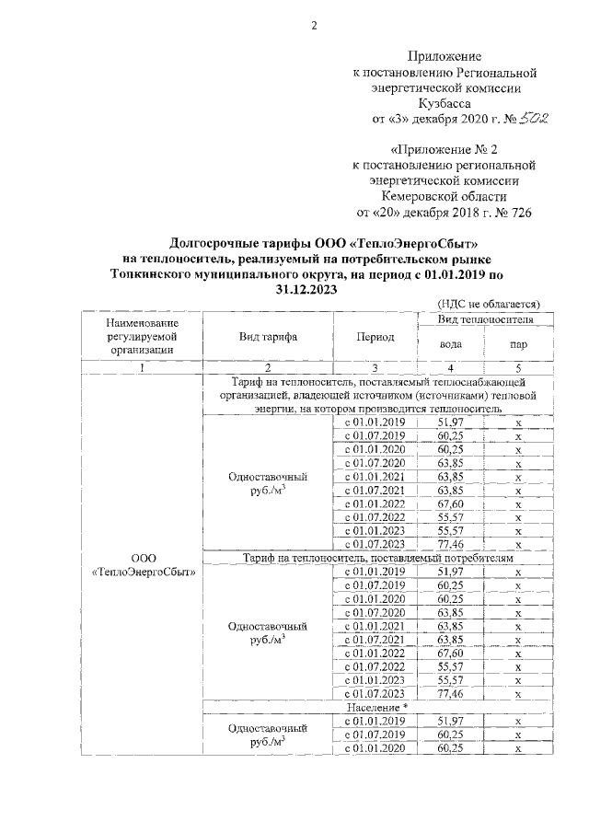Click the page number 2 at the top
click(x=313, y=25)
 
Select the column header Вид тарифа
click(x=267, y=337)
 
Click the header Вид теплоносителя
click(x=485, y=318)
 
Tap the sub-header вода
click(x=451, y=345)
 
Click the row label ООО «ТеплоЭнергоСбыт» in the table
click(x=141, y=564)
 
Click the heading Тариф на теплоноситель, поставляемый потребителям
click(x=378, y=558)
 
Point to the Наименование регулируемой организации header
click(x=141, y=336)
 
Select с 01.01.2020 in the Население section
click(x=375, y=749)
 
